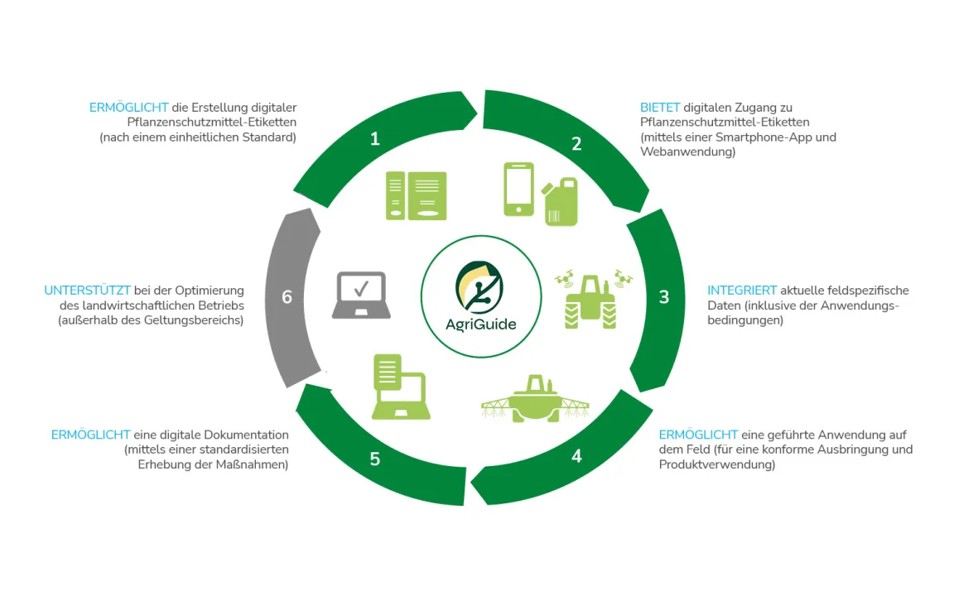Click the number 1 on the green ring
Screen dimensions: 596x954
pos(375,139)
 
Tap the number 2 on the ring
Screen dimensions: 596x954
pos(576,143)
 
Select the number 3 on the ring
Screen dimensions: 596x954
pos(663,296)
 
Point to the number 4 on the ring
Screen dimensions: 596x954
pos(576,456)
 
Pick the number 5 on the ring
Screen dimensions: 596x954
pos(375,458)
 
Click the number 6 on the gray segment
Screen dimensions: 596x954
pos(287,296)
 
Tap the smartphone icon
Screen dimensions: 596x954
pos(519,190)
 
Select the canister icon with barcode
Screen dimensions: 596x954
pos(560,202)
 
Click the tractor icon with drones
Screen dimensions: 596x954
pos(591,298)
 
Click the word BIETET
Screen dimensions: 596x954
pos(660,108)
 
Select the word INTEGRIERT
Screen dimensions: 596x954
pos(742,291)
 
